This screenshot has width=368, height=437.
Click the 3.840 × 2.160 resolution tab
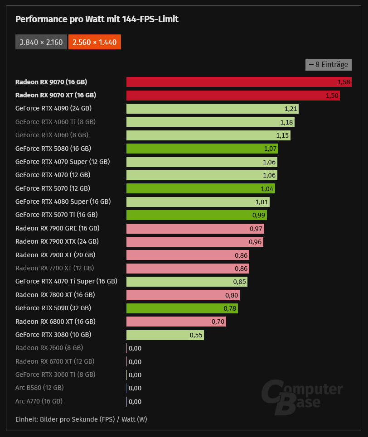(x=41, y=43)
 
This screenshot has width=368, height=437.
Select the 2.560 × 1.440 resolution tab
(x=95, y=43)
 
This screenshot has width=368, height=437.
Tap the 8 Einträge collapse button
(x=329, y=65)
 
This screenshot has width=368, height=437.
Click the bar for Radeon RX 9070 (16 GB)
(x=239, y=82)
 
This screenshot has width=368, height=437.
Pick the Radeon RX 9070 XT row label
(x=55, y=96)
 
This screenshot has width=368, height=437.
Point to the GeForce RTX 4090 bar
(x=212, y=109)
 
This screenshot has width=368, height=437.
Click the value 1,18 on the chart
(x=286, y=122)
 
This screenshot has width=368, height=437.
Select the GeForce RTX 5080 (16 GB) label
(x=53, y=149)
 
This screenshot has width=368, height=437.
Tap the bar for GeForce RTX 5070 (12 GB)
(x=200, y=188)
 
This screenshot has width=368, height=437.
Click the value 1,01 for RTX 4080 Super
(x=262, y=202)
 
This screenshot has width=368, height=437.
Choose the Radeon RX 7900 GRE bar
(x=195, y=228)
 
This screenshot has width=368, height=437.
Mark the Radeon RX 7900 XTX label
(x=57, y=242)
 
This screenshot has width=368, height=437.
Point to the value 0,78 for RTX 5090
(x=230, y=308)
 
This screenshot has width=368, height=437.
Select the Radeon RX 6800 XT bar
(x=176, y=322)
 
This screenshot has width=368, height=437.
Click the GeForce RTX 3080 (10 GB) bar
(x=165, y=335)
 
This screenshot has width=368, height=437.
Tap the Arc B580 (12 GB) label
(x=39, y=388)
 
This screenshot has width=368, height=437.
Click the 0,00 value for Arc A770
(x=135, y=402)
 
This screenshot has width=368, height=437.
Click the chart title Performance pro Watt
(x=97, y=19)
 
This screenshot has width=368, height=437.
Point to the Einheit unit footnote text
(x=81, y=419)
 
